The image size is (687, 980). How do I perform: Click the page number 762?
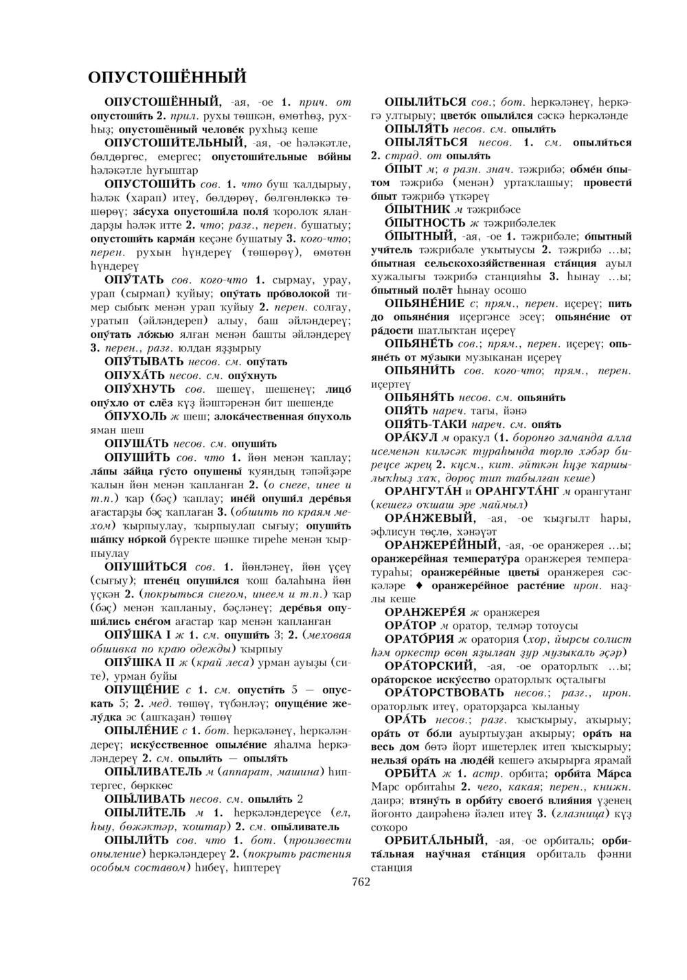(x=361, y=882)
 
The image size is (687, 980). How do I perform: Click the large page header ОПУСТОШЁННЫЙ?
(x=168, y=76)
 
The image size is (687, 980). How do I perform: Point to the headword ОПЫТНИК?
(x=417, y=209)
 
